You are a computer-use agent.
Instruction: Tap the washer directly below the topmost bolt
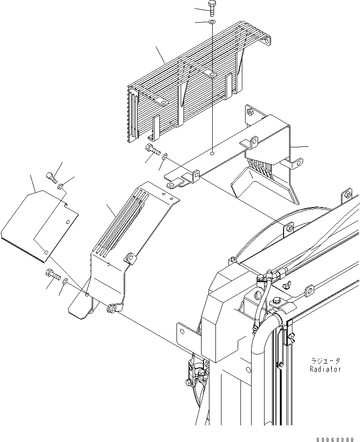click(212, 22)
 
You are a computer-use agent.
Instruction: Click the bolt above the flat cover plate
click(51, 176)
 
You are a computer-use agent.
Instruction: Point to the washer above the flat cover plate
click(61, 186)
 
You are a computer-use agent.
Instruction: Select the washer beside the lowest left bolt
click(65, 281)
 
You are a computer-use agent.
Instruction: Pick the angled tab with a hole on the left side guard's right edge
click(130, 257)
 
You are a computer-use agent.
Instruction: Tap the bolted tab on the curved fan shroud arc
click(289, 228)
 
